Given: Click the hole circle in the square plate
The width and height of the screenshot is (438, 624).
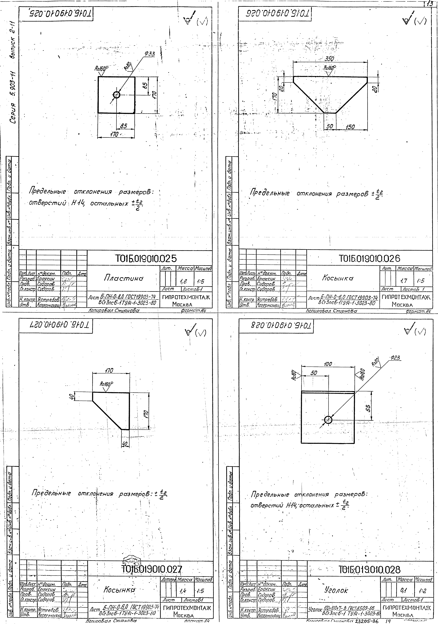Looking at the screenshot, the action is pos(117,95).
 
